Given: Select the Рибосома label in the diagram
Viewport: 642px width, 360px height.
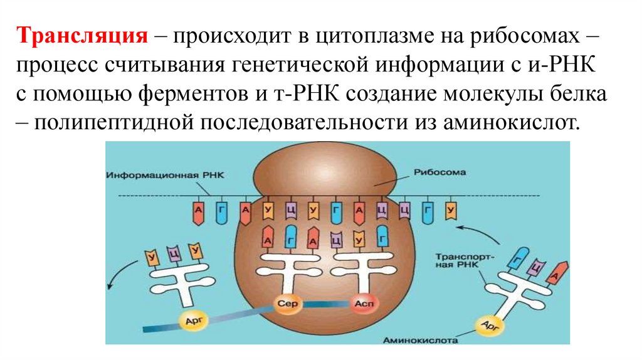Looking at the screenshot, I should tap(433, 172).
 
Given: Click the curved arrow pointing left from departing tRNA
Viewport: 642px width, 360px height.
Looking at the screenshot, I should tap(121, 273).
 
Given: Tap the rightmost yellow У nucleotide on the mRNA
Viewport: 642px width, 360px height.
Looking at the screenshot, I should tap(450, 210).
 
